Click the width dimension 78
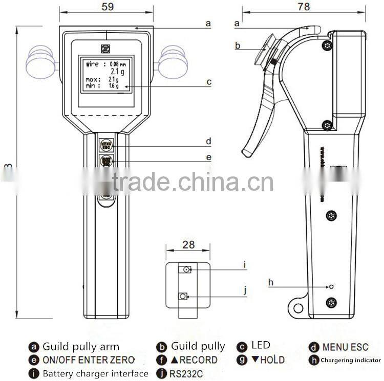pos(304,6)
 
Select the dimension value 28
pos(188,244)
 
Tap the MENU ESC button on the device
pos(106,145)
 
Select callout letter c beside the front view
pos(209,82)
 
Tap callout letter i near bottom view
pos(245,264)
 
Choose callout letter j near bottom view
pos(245,290)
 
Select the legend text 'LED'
pos(261,346)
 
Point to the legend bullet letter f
pos(161,360)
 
